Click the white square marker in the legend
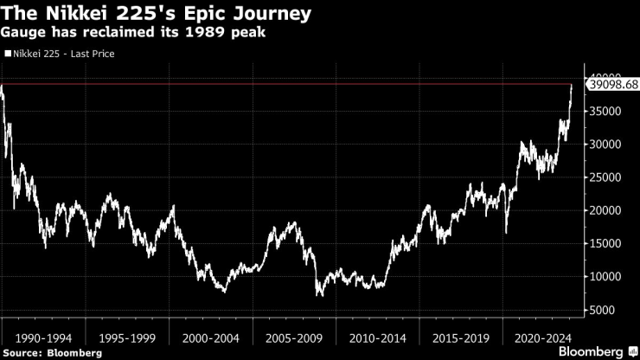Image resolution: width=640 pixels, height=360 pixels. (x=7, y=54)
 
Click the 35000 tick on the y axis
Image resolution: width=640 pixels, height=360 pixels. (x=608, y=112)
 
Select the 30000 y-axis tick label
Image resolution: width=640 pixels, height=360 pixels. (x=608, y=145)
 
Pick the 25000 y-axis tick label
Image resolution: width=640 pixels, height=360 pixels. (x=608, y=177)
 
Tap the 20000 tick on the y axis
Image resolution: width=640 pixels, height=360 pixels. (x=608, y=210)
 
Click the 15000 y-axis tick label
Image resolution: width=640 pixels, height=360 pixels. (x=608, y=244)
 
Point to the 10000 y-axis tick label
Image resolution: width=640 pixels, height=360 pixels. (x=608, y=277)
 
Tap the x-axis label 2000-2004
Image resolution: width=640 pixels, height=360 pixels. (x=211, y=337)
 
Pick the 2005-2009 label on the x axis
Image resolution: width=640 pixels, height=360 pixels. (x=294, y=337)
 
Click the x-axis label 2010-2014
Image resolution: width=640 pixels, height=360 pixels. (x=376, y=337)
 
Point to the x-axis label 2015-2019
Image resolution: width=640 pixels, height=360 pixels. (x=459, y=337)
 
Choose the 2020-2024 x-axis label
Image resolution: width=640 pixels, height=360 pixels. (x=541, y=337)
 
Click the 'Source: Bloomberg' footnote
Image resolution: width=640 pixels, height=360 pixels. (x=52, y=352)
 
